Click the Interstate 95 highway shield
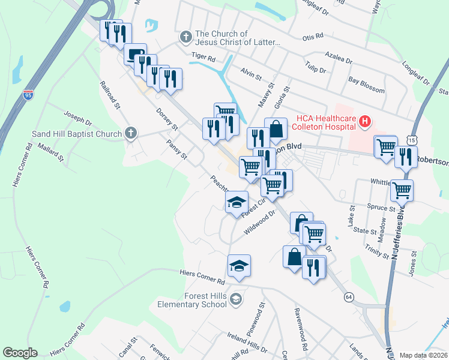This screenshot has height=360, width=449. (x=28, y=95)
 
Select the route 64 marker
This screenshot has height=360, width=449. (x=348, y=297)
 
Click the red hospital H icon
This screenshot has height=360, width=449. (x=364, y=123)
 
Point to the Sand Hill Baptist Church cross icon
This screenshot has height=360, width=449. (x=130, y=133)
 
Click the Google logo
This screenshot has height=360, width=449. (x=19, y=353)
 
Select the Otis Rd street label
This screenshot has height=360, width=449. (x=313, y=37)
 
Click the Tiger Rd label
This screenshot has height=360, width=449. (x=203, y=57)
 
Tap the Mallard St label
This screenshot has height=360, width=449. (x=50, y=151)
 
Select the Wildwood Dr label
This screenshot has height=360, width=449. (x=259, y=223)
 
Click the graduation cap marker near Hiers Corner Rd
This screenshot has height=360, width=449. (x=239, y=265)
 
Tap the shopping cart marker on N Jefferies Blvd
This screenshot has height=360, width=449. (x=402, y=190)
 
